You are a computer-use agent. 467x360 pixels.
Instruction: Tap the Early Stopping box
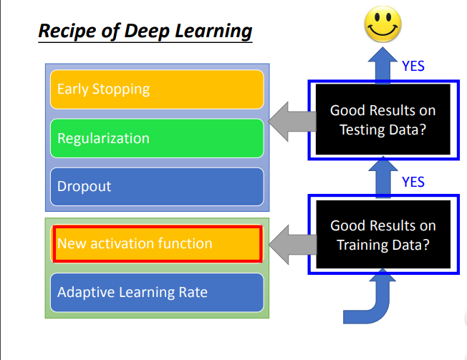tap(157, 89)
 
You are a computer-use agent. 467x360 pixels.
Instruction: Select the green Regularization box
tap(157, 138)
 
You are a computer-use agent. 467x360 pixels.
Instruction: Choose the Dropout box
tap(157, 186)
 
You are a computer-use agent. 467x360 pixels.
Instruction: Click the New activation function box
tap(157, 243)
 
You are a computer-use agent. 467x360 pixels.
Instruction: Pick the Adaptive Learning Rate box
tap(157, 292)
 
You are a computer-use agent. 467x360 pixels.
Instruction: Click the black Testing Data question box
tap(382, 120)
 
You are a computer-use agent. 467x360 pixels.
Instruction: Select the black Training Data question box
tap(382, 235)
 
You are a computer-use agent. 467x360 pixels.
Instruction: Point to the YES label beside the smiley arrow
tap(413, 66)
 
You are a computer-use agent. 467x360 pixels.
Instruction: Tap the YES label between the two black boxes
tap(413, 182)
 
